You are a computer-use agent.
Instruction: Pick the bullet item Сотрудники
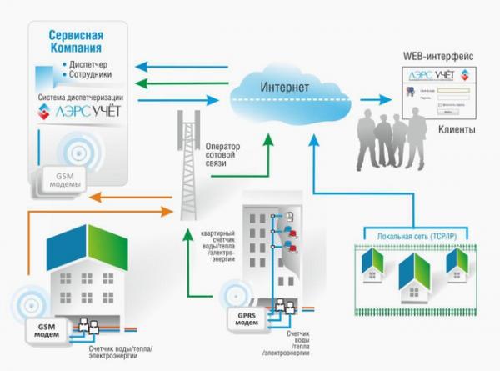[x=96, y=77]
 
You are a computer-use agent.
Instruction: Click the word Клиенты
[x=457, y=131]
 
